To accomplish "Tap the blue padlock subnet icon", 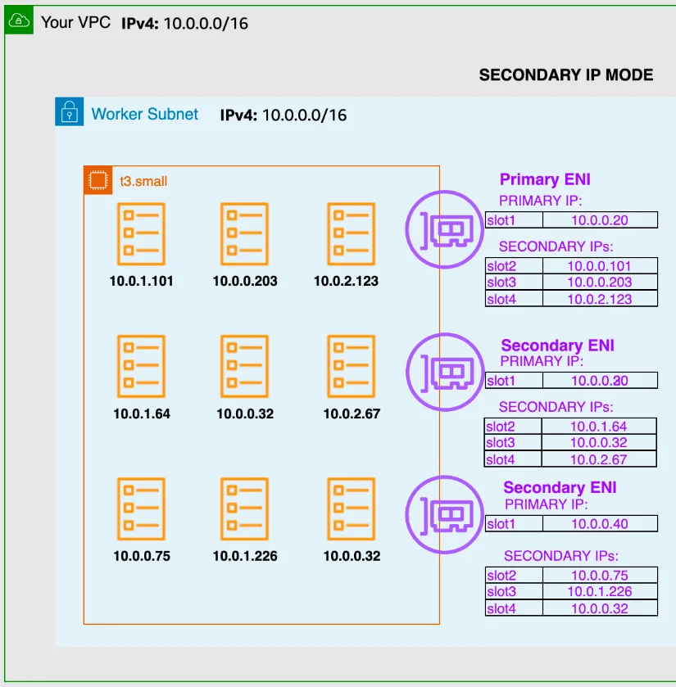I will click(70, 111).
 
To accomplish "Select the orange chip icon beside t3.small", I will click(98, 180).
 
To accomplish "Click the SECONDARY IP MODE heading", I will click(566, 75).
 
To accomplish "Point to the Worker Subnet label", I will click(145, 114).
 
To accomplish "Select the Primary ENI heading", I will click(545, 180).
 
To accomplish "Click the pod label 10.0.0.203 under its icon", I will click(245, 281).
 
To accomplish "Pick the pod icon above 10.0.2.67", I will click(352, 366).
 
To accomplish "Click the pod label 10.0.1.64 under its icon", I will click(142, 414).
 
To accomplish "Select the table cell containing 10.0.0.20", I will click(599, 220).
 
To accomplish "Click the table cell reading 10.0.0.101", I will click(599, 266).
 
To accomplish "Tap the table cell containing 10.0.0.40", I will click(599, 524).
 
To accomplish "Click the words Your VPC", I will click(75, 22).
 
